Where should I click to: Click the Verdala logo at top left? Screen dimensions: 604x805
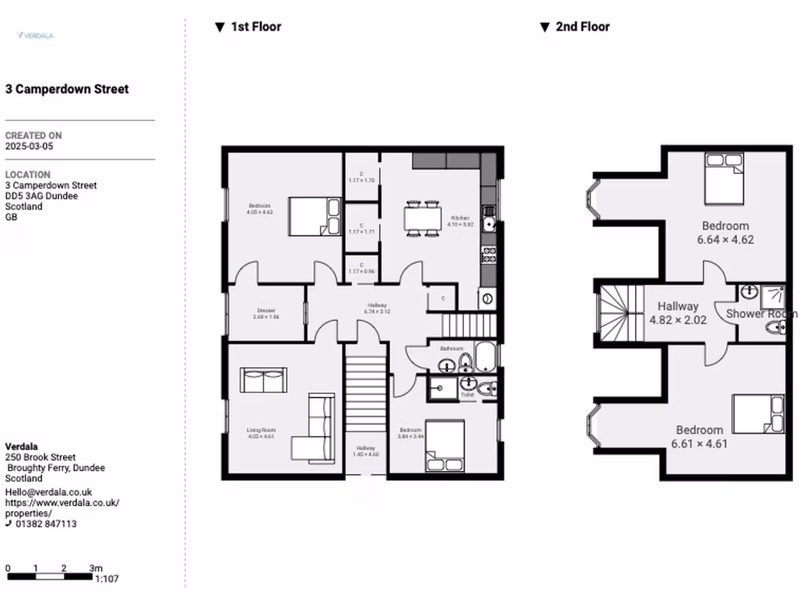(35, 35)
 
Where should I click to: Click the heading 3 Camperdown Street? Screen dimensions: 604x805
(67, 90)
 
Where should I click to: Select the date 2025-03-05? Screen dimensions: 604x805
(29, 146)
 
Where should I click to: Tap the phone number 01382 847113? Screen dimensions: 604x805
(46, 524)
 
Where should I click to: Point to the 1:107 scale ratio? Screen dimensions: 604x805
(106, 579)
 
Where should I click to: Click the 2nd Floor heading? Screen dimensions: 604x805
(583, 27)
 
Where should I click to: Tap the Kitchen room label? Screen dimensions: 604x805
(460, 218)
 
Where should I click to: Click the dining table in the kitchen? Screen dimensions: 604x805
(422, 217)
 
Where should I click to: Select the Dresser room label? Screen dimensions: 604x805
(266, 310)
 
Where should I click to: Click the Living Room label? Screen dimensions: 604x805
(261, 430)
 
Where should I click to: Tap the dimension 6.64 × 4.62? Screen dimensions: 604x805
(725, 240)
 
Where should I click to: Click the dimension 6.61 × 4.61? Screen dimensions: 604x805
(699, 444)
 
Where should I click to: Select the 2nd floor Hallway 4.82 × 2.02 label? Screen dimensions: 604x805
(678, 314)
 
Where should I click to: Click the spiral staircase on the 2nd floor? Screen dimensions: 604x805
(621, 312)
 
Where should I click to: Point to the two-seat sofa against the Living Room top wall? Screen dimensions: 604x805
(263, 381)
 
